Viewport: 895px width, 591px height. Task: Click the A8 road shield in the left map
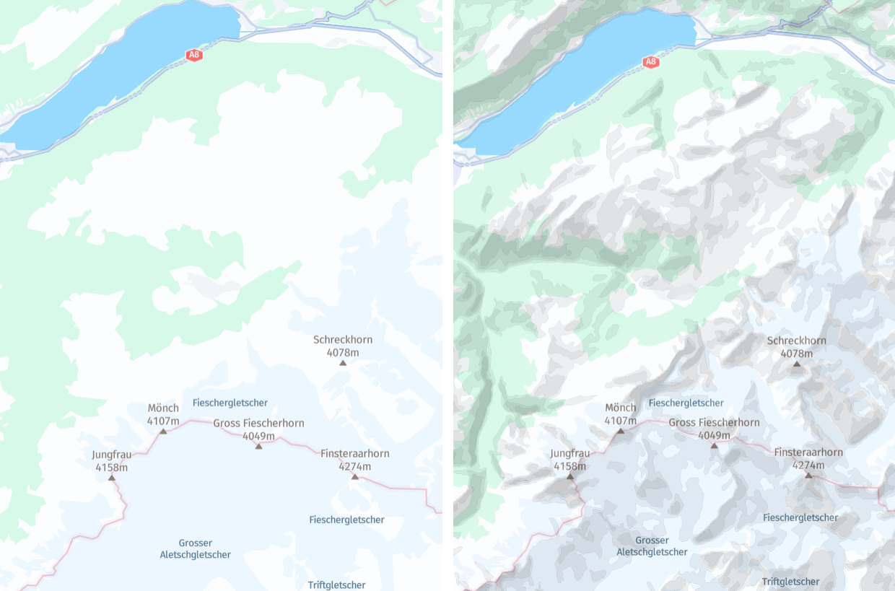pos(193,55)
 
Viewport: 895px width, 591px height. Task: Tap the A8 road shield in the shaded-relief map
pos(651,62)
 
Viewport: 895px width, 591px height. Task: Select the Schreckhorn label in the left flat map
pos(343,340)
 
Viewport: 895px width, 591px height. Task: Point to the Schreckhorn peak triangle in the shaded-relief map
pos(797,364)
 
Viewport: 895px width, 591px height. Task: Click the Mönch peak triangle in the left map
pos(163,432)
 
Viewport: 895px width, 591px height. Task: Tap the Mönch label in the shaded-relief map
pos(621,408)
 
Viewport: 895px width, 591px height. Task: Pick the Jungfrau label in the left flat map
pos(112,455)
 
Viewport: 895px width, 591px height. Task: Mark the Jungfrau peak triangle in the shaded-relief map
pos(569,476)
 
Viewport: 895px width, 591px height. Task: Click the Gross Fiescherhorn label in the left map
pos(258,424)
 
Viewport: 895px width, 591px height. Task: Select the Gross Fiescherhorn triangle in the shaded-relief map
pos(714,446)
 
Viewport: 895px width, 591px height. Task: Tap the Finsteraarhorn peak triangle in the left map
pos(354,477)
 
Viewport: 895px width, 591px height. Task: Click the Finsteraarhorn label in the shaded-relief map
pos(808,452)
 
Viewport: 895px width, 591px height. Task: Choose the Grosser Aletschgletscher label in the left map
pos(195,548)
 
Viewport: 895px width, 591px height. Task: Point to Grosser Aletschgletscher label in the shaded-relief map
pos(652,546)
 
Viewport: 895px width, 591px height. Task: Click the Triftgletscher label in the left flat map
pos(336,585)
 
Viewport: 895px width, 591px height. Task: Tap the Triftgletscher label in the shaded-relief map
pos(790,582)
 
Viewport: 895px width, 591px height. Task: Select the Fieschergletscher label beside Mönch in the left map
pos(230,403)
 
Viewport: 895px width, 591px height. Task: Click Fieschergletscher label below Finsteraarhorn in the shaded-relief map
pos(800,517)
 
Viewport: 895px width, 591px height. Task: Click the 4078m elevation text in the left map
pos(343,353)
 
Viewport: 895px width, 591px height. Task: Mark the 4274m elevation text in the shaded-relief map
pos(808,465)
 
